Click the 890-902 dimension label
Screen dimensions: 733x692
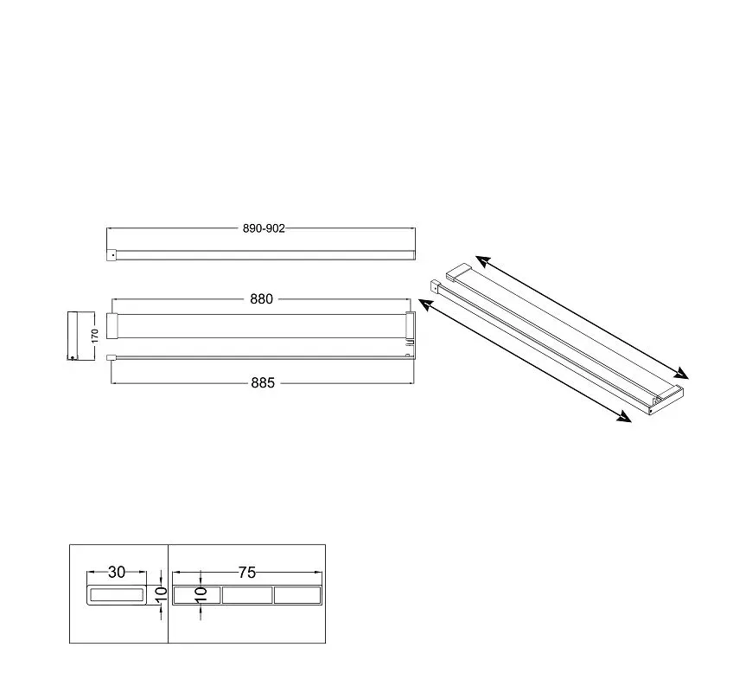point(264,228)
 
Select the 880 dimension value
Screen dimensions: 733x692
point(261,299)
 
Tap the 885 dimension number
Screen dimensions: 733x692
point(263,382)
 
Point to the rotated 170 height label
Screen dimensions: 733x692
point(95,336)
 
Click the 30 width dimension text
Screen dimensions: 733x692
point(117,572)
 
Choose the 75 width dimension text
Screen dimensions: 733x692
point(247,573)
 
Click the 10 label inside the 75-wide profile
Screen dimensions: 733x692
point(201,594)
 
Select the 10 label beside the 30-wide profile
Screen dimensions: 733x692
point(161,594)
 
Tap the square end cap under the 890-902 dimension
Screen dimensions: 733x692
point(112,255)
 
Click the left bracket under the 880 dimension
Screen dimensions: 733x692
point(112,325)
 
